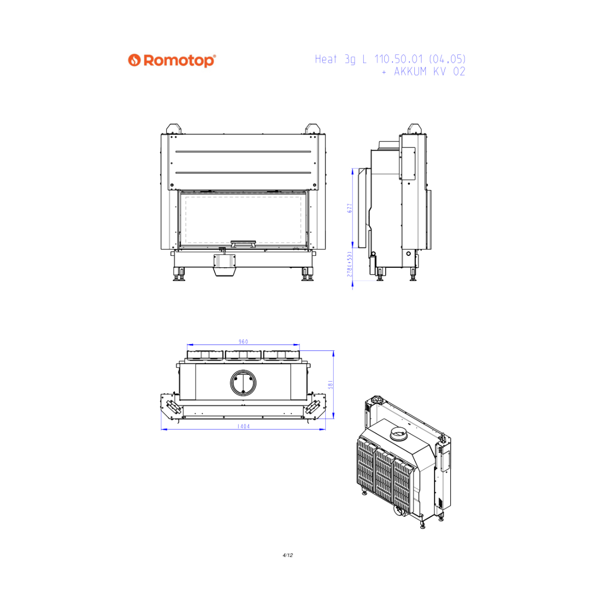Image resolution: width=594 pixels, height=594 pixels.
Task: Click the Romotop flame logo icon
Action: pyautogui.click(x=134, y=60)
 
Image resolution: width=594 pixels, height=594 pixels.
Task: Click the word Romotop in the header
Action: pyautogui.click(x=179, y=61)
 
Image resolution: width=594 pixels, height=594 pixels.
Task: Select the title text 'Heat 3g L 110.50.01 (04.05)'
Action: pyautogui.click(x=390, y=59)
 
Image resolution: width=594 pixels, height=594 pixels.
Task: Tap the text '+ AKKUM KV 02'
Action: pyautogui.click(x=423, y=71)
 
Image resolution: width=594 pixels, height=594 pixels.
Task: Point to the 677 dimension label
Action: pyautogui.click(x=349, y=208)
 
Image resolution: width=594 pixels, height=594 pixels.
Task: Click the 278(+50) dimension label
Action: pyautogui.click(x=349, y=264)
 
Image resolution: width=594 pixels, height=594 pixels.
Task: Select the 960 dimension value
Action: pyautogui.click(x=243, y=342)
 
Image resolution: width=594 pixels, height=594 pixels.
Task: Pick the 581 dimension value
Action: pyautogui.click(x=331, y=385)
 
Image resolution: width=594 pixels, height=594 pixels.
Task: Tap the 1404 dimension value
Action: pyautogui.click(x=243, y=426)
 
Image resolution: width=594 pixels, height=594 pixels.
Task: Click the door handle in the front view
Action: pyautogui.click(x=243, y=244)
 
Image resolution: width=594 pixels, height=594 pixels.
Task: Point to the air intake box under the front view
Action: pyautogui.click(x=224, y=265)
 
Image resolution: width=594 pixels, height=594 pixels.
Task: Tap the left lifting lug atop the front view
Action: pyautogui.click(x=174, y=129)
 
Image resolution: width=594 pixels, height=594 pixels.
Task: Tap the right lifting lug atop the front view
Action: pyautogui.click(x=312, y=129)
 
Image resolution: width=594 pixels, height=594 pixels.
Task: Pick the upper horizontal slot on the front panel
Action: pyautogui.click(x=243, y=151)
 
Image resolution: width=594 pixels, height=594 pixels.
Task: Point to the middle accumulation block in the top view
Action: pyautogui.click(x=243, y=355)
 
